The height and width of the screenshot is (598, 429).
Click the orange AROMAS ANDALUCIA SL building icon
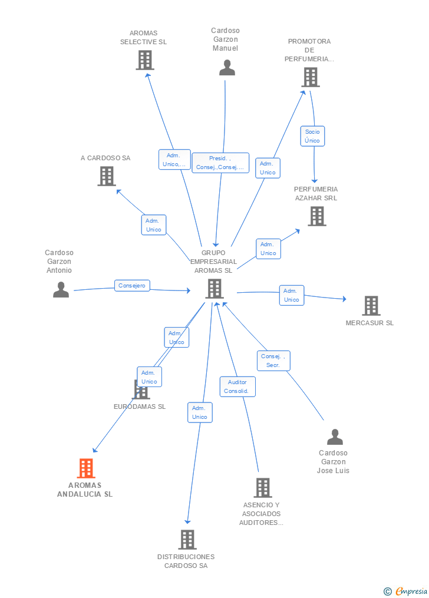coord(86,468)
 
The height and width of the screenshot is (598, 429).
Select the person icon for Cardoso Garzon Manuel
coord(227,68)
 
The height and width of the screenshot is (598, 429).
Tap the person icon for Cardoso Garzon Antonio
coord(61,289)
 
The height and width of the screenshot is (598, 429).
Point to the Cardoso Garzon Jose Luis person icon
coord(335,437)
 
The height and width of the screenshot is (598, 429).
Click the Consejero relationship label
coord(132,285)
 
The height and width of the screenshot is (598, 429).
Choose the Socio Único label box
coord(312,136)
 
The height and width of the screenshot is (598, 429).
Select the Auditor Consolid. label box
coord(237,386)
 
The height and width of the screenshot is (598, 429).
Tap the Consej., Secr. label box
coord(273,361)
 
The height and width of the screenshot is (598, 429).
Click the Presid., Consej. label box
coord(220,163)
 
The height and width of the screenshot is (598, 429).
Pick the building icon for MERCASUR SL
coord(371,306)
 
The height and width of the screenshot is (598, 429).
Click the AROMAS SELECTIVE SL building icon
coord(145,60)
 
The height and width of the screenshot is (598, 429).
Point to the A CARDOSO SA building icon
coord(107,176)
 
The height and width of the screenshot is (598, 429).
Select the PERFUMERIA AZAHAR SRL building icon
coord(317,216)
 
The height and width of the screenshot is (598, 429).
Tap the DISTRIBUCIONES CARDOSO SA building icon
coord(187,539)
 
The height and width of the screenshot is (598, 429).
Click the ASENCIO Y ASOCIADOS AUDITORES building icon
coord(263,488)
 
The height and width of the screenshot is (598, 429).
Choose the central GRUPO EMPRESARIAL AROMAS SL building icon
coord(214,288)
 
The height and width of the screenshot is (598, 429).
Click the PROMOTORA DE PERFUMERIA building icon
coord(311,77)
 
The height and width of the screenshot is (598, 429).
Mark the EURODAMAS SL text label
coord(140,407)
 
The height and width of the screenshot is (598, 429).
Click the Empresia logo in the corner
coord(405,591)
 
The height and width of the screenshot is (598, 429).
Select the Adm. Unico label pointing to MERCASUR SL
coord(291,295)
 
